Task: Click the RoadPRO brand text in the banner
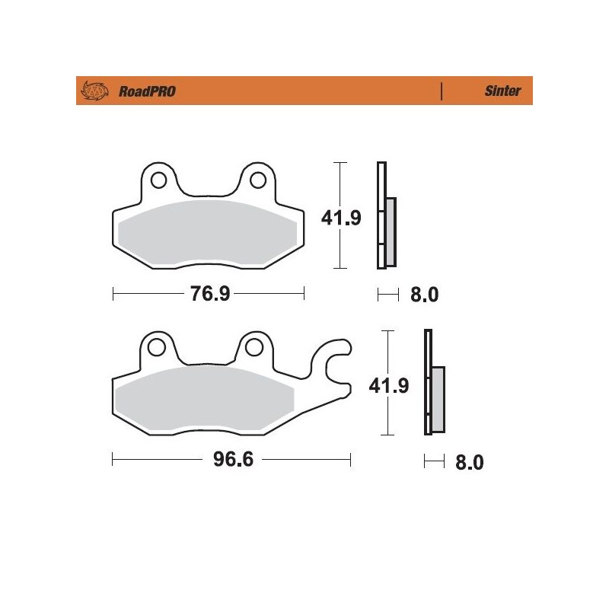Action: pyautogui.click(x=147, y=91)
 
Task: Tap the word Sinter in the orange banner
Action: pyautogui.click(x=502, y=91)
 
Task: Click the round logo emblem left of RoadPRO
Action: pyautogui.click(x=92, y=91)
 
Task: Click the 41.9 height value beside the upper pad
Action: pyautogui.click(x=340, y=218)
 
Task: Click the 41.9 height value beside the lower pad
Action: pyautogui.click(x=389, y=385)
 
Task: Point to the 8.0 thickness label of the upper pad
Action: pyautogui.click(x=424, y=295)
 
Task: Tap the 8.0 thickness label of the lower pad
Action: pyautogui.click(x=469, y=461)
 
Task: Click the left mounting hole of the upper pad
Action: pyautogui.click(x=159, y=180)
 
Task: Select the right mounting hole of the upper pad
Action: pyautogui.click(x=259, y=180)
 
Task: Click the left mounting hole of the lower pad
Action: pyautogui.click(x=158, y=348)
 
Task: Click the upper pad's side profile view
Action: pyautogui.click(x=385, y=217)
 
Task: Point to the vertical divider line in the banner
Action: pyautogui.click(x=442, y=91)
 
